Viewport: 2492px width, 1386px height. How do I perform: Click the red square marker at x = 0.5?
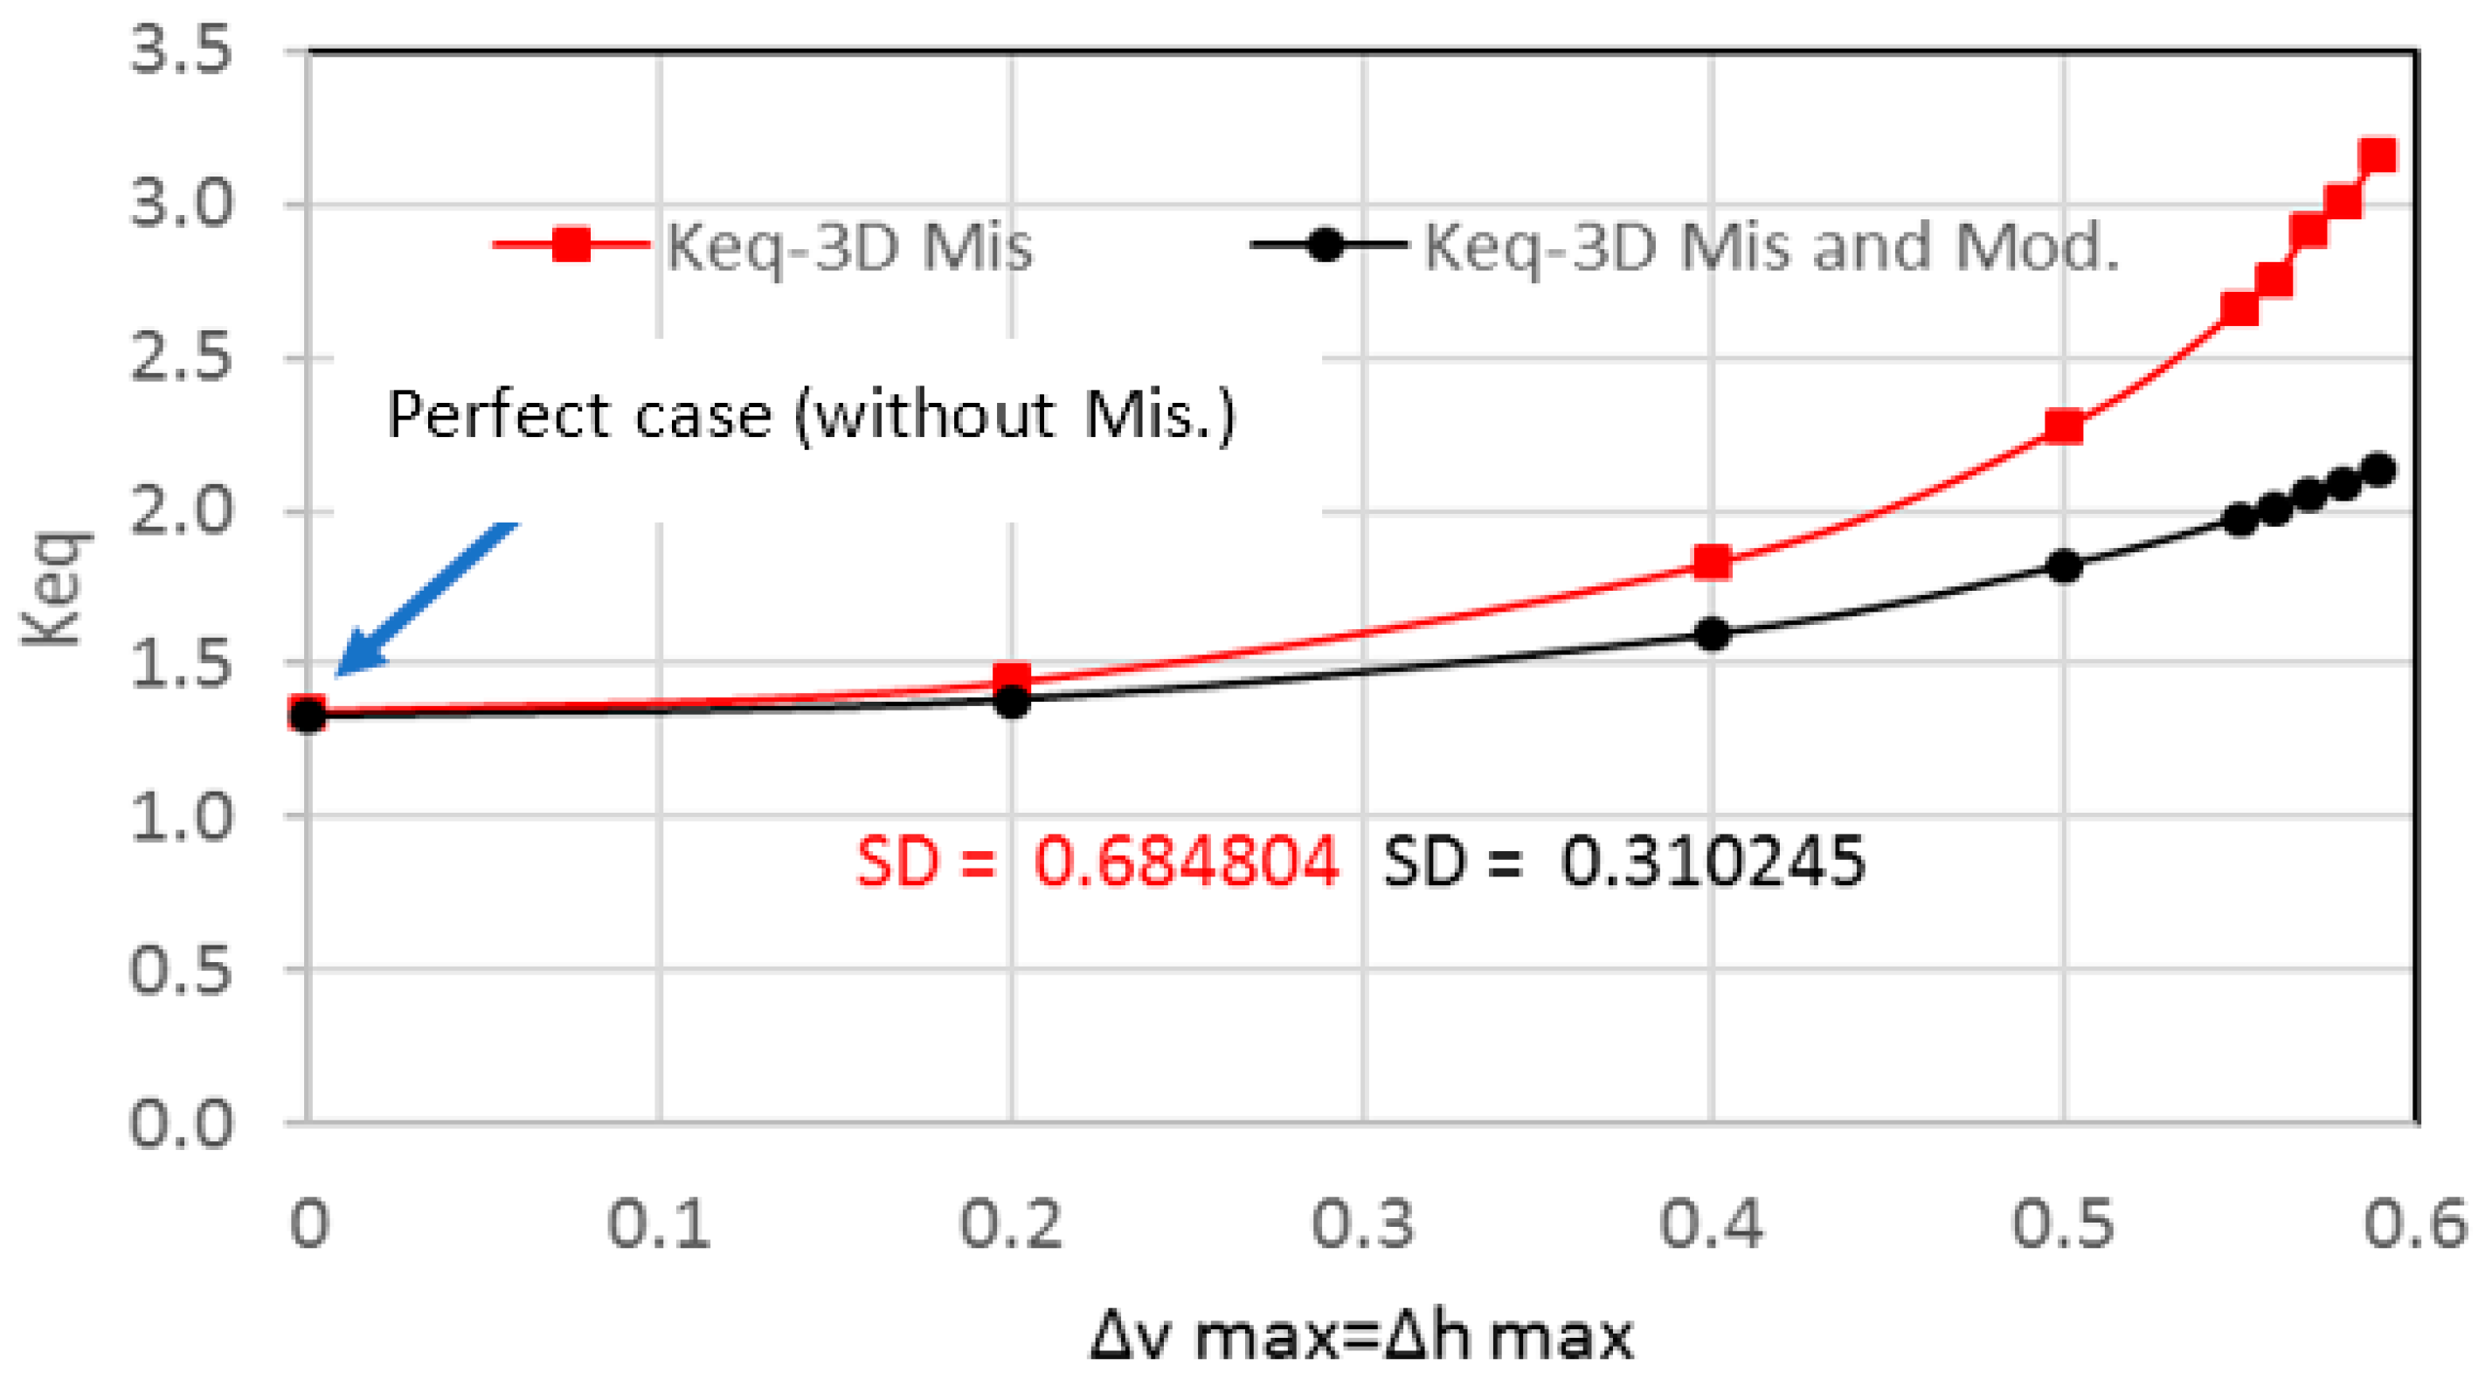click(x=2064, y=426)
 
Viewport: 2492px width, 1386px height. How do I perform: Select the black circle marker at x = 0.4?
click(x=1713, y=634)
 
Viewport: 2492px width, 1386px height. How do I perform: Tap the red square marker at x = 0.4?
click(x=1713, y=562)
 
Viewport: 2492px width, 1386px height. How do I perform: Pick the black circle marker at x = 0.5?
click(x=2064, y=565)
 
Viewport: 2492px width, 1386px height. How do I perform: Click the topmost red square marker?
click(x=2378, y=155)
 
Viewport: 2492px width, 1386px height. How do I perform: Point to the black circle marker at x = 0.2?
click(x=1012, y=701)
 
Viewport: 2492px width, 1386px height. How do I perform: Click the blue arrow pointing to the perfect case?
click(x=425, y=599)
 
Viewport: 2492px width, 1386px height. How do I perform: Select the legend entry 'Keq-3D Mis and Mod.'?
click(x=1770, y=246)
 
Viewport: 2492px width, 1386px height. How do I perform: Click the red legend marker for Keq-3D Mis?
click(x=571, y=244)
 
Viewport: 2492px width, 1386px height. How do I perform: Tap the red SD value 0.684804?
click(x=1186, y=861)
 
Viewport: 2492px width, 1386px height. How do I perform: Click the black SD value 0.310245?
click(x=1713, y=861)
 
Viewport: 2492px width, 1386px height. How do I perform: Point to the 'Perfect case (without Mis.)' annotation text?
click(x=811, y=416)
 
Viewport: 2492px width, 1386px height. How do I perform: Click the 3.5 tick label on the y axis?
click(x=181, y=51)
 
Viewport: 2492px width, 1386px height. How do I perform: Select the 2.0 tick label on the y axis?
click(x=181, y=510)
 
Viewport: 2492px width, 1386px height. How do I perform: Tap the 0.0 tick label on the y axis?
click(x=181, y=1124)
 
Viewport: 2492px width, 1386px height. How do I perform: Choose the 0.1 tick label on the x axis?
click(x=659, y=1224)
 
